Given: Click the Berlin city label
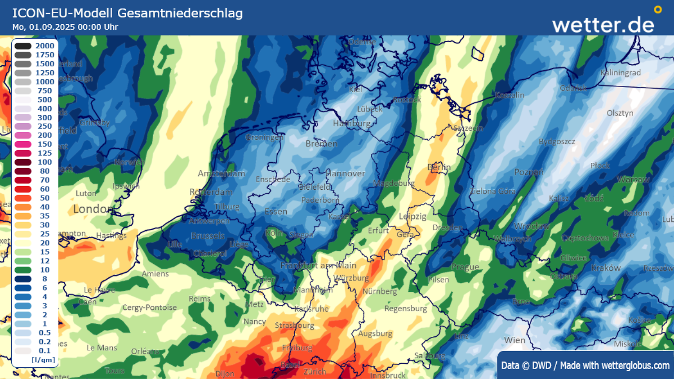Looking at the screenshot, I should coord(439,167).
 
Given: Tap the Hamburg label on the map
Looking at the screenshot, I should coord(352,123).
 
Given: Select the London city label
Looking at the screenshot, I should coord(93,209).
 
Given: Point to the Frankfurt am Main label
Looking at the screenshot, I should coord(318,265).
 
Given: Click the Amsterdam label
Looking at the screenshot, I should coord(222,174).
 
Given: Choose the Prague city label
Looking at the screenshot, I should coord(465,267).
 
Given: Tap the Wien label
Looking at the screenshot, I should coord(514,340).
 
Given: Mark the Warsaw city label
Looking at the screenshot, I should coord(633,179).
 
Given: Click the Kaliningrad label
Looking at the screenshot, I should coord(621,73).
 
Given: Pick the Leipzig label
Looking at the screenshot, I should coord(412,216).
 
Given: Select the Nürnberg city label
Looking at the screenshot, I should coord(380,291).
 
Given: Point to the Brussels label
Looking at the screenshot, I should coord(208,236).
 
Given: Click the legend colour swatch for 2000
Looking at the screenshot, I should coord(23,46).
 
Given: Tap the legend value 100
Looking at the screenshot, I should coord(45,162).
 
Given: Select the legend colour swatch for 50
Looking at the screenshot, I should coord(23,198).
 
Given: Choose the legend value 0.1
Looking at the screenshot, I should coord(45,351).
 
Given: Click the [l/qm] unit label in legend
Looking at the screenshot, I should coord(44,360).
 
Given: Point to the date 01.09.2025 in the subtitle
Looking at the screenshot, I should coord(52,27).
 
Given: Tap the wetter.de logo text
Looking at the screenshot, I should coord(603,25).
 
